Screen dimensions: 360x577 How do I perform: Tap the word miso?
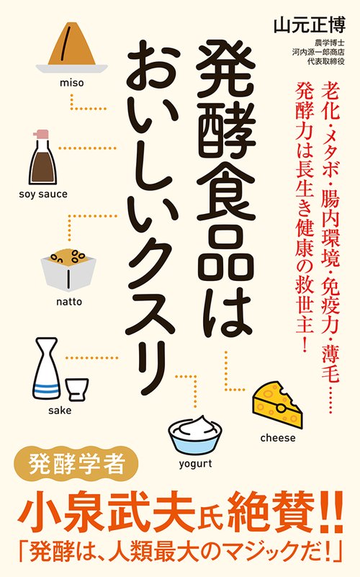tap(72, 82)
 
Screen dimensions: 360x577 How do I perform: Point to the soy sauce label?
tap(43, 194)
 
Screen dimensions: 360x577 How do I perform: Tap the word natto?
tap(69, 302)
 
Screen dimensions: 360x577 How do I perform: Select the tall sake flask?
tap(46, 368)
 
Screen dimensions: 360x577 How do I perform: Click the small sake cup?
tap(77, 389)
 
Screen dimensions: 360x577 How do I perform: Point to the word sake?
tap(60, 411)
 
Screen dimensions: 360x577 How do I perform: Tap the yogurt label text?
tap(196, 464)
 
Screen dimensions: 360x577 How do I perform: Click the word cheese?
tap(278, 438)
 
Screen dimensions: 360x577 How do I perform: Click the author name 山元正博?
tap(310, 26)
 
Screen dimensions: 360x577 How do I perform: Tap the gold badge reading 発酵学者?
tap(77, 465)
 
